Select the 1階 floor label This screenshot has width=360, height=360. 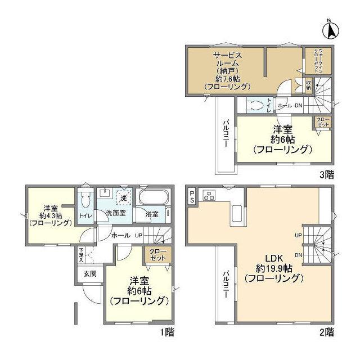tap(167, 332)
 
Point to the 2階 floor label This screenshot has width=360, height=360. tap(327, 332)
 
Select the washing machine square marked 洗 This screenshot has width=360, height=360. tap(123, 197)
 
